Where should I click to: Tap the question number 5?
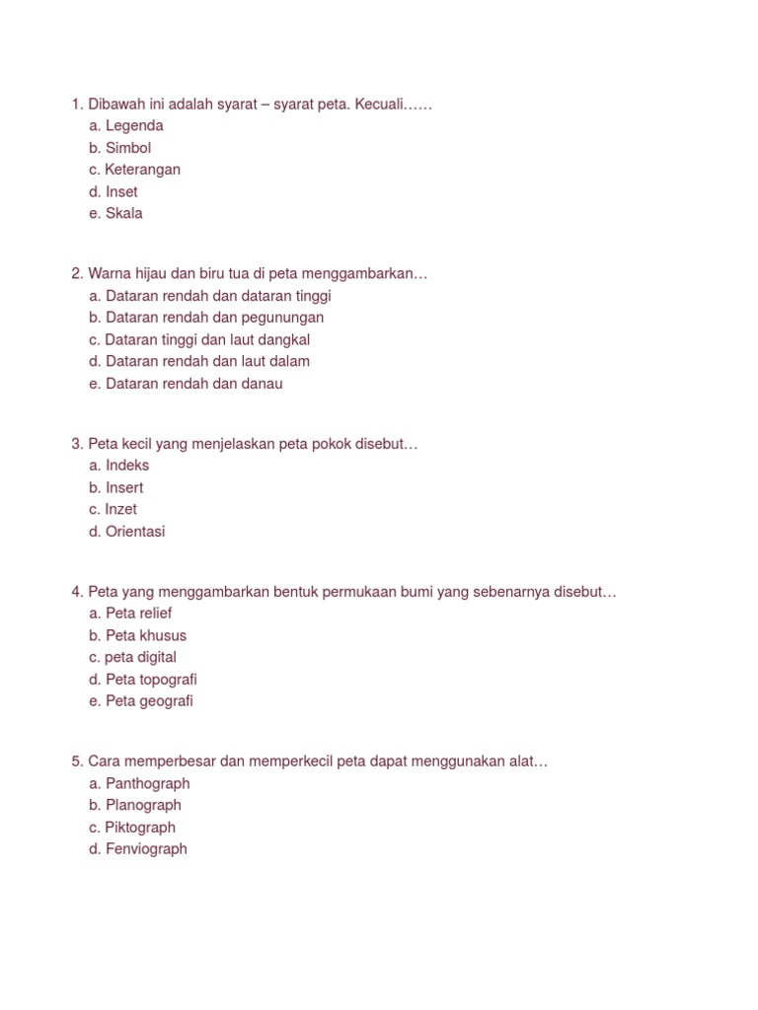[76, 761]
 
